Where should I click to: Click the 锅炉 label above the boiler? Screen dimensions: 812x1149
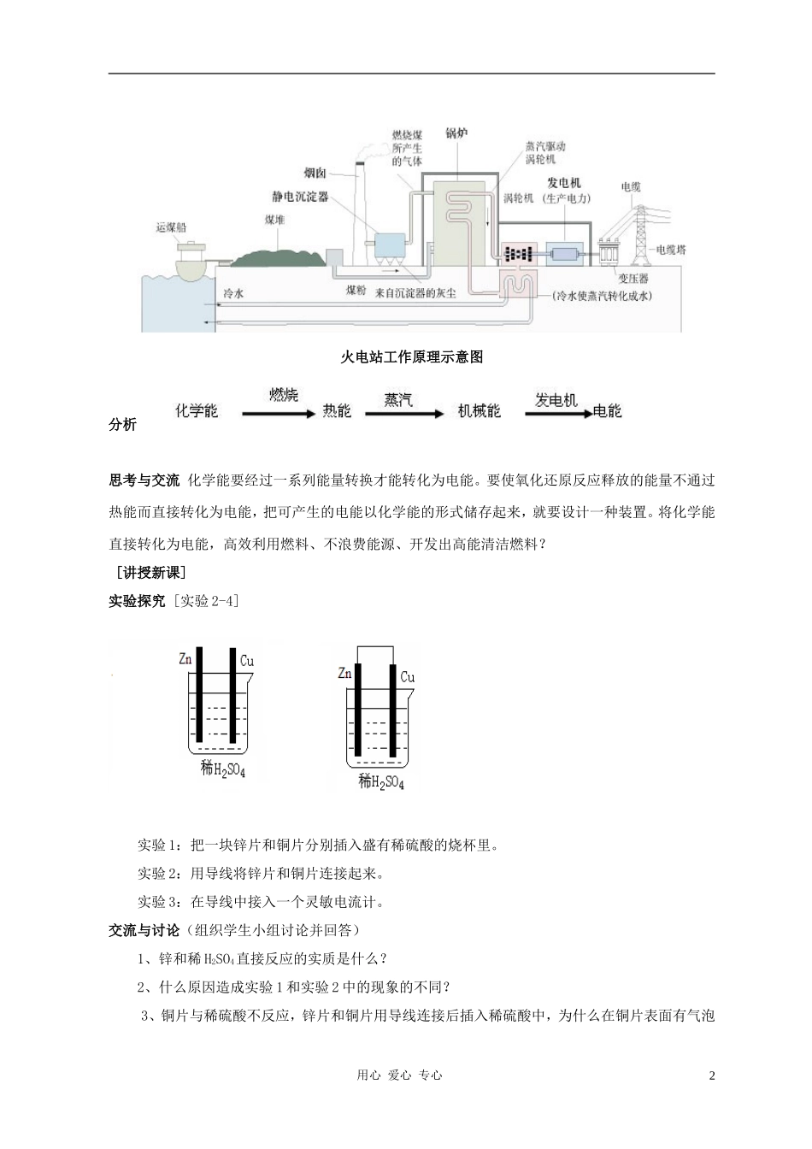(456, 133)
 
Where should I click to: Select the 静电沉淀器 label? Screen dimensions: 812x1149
(295, 197)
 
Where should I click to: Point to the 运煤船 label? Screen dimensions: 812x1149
(171, 227)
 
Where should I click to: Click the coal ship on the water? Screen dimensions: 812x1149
(193, 257)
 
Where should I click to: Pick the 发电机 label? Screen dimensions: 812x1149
(564, 183)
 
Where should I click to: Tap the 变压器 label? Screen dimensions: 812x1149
(633, 279)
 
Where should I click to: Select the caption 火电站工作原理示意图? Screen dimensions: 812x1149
(412, 357)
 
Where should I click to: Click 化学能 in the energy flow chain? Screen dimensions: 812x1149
(196, 411)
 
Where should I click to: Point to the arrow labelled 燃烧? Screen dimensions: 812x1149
(279, 414)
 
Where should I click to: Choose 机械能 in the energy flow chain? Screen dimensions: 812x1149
(479, 411)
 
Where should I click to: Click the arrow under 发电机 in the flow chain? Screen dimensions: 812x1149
(557, 414)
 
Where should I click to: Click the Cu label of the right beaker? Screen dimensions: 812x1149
(408, 677)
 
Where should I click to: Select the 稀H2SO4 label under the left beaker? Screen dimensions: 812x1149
(222, 769)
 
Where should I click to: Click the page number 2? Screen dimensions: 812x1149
(710, 1075)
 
